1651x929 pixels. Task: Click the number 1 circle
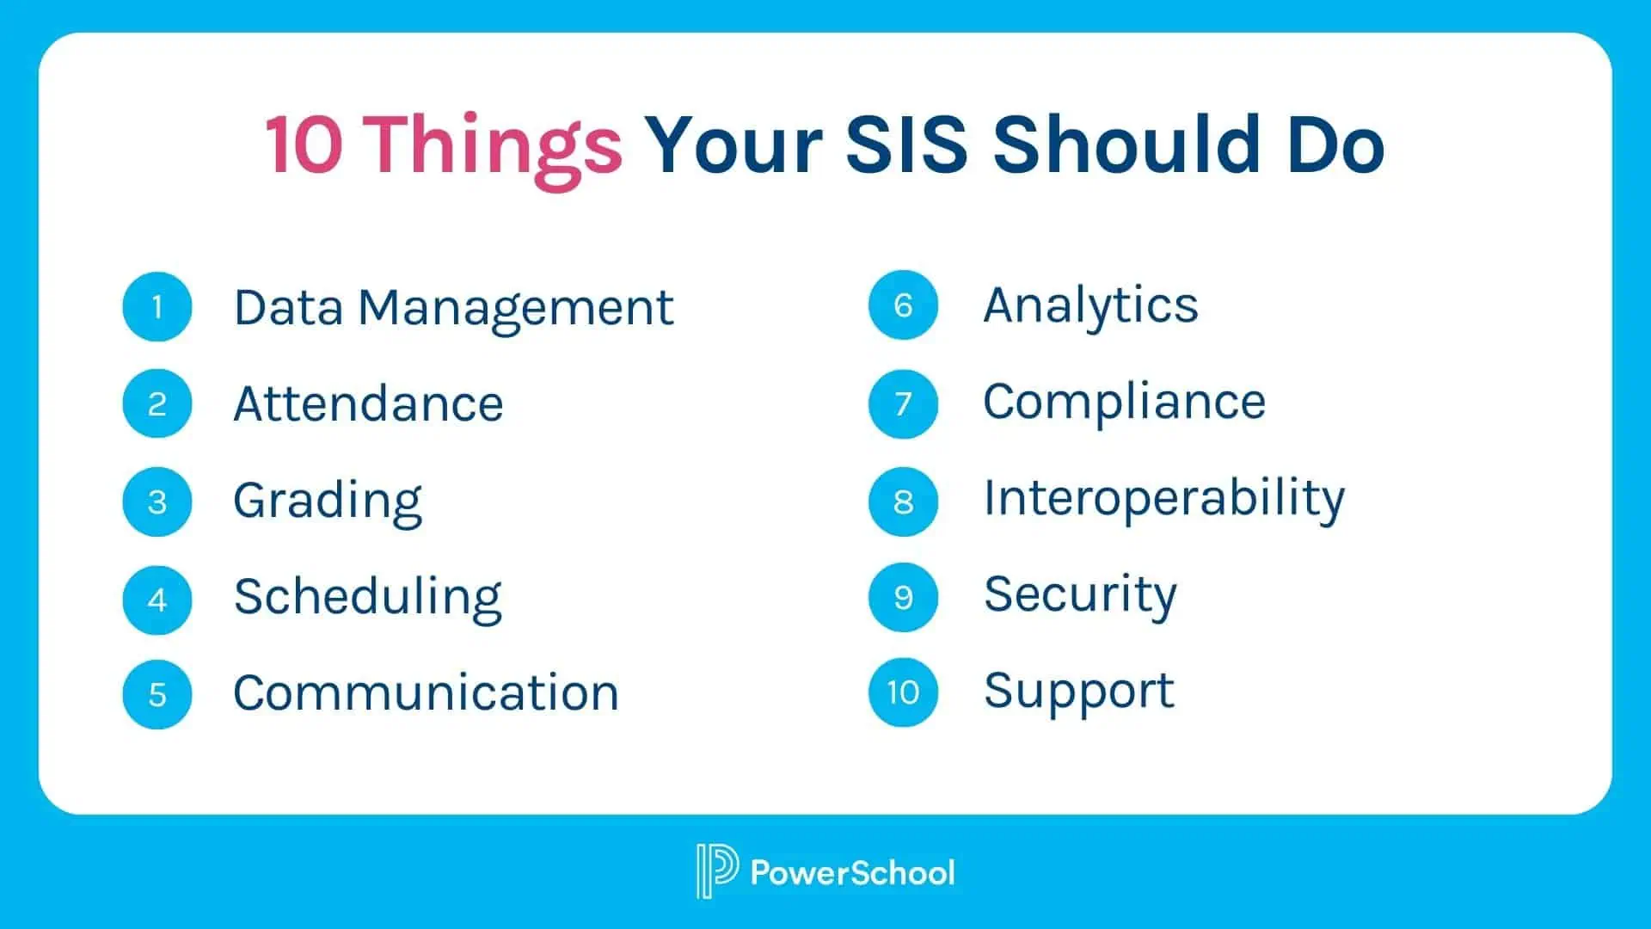157,307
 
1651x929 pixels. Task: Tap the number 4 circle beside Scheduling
157,600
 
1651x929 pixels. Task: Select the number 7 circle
903,403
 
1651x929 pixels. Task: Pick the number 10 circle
903,692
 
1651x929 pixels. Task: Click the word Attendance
368,403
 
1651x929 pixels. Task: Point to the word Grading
328,502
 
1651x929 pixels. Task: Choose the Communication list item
426,692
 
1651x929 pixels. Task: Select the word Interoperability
1164,500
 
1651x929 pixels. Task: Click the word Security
1080,596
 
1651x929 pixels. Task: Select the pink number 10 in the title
304,145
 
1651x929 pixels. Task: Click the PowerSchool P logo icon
716,871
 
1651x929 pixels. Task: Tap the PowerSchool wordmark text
852,872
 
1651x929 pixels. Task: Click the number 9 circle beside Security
903,597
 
